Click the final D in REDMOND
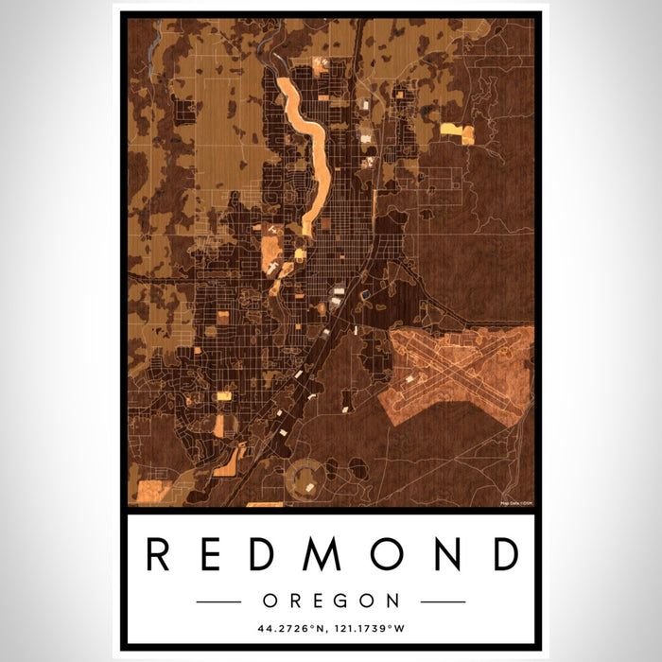click(x=505, y=554)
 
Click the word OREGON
click(x=331, y=601)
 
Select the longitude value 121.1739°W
click(x=374, y=628)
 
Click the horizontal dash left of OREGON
click(x=220, y=601)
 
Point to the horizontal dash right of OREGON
click(x=442, y=601)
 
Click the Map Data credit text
click(x=516, y=501)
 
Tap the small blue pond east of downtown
click(x=364, y=296)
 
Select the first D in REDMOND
click(x=266, y=554)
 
